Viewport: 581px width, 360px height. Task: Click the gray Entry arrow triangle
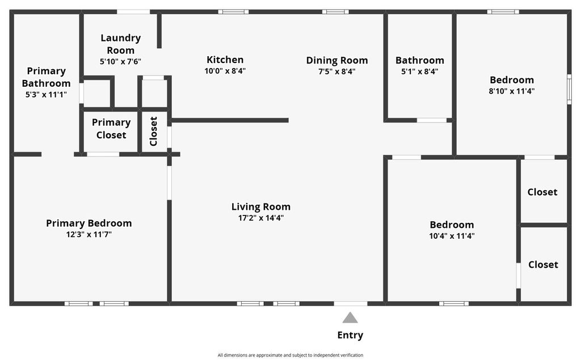pyautogui.click(x=350, y=318)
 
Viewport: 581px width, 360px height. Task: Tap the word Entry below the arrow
pyautogui.click(x=350, y=335)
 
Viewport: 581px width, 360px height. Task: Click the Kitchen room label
pyautogui.click(x=225, y=60)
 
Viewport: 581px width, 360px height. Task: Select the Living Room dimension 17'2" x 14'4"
pyautogui.click(x=261, y=218)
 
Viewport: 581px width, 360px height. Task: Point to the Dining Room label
pyautogui.click(x=337, y=60)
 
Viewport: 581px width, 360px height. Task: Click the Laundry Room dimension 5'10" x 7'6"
pyautogui.click(x=120, y=61)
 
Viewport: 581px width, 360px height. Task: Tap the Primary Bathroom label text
pyautogui.click(x=46, y=77)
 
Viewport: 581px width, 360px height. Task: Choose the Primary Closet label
pyautogui.click(x=111, y=128)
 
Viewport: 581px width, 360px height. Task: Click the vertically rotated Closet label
pyautogui.click(x=154, y=132)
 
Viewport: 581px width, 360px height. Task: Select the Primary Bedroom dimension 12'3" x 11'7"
pyautogui.click(x=89, y=234)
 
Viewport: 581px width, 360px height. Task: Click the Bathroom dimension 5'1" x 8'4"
pyautogui.click(x=419, y=71)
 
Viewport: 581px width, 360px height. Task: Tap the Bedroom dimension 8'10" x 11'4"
pyautogui.click(x=512, y=91)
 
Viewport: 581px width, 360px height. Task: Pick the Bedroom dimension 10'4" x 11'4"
pyautogui.click(x=452, y=236)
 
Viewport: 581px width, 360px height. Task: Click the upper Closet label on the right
pyautogui.click(x=542, y=192)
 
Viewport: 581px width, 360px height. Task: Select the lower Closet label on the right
pyautogui.click(x=543, y=265)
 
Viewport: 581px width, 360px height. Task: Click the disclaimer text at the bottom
pyautogui.click(x=290, y=355)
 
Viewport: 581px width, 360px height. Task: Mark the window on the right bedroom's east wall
pyautogui.click(x=569, y=89)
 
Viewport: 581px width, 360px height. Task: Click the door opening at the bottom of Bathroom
pyautogui.click(x=432, y=120)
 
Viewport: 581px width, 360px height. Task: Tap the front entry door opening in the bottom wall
pyautogui.click(x=350, y=303)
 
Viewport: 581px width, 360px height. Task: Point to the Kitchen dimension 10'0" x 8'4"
pyautogui.click(x=225, y=71)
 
